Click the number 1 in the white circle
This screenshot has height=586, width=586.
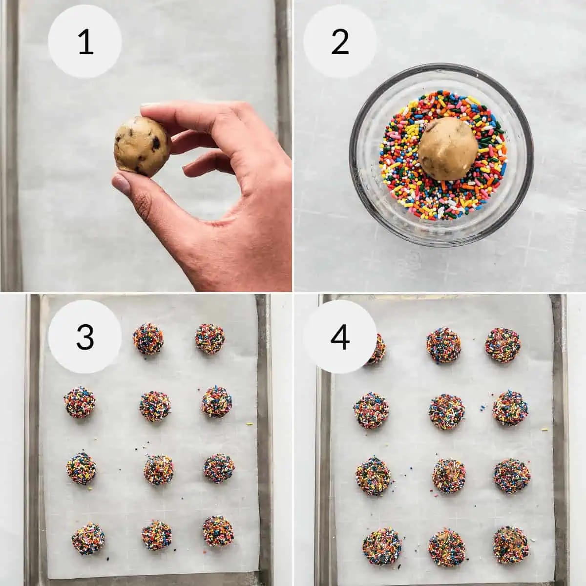(x=85, y=42)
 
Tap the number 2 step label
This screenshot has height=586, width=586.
(x=340, y=42)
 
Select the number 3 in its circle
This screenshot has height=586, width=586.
(x=85, y=337)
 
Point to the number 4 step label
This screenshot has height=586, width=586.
(x=340, y=337)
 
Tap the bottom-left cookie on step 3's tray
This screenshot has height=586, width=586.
(x=88, y=539)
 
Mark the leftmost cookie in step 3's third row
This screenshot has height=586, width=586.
(x=81, y=468)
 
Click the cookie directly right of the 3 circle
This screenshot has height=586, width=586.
(x=148, y=340)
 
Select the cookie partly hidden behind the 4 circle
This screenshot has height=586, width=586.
(x=375, y=349)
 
